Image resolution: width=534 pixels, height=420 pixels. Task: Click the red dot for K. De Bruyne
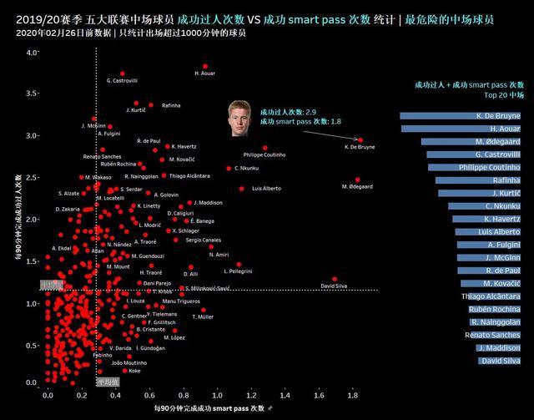(x=360, y=140)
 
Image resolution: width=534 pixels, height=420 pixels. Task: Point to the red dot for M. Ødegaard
(x=357, y=180)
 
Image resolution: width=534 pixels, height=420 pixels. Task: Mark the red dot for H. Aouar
(x=204, y=66)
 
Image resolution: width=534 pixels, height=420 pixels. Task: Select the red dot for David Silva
(x=334, y=279)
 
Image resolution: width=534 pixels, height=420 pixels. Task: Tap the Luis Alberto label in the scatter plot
(x=266, y=189)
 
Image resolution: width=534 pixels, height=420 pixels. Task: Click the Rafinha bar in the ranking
(x=485, y=180)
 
